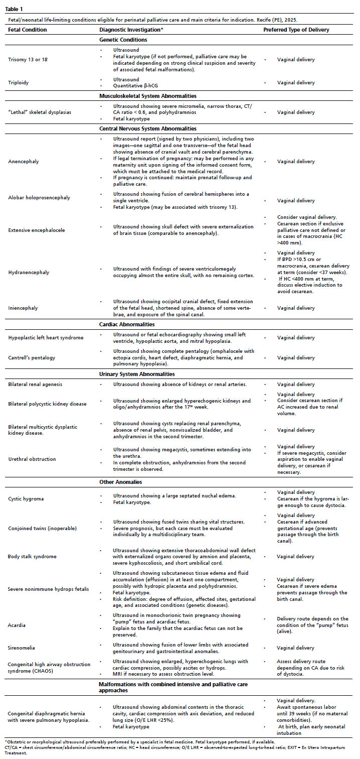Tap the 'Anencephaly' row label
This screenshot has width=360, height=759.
tap(23, 162)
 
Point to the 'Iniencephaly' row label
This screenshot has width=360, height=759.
tap(23, 308)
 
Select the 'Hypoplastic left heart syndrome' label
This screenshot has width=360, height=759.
tap(46, 338)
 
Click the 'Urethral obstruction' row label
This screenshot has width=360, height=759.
tap(32, 459)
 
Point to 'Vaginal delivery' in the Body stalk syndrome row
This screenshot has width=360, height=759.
tap(296, 557)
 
